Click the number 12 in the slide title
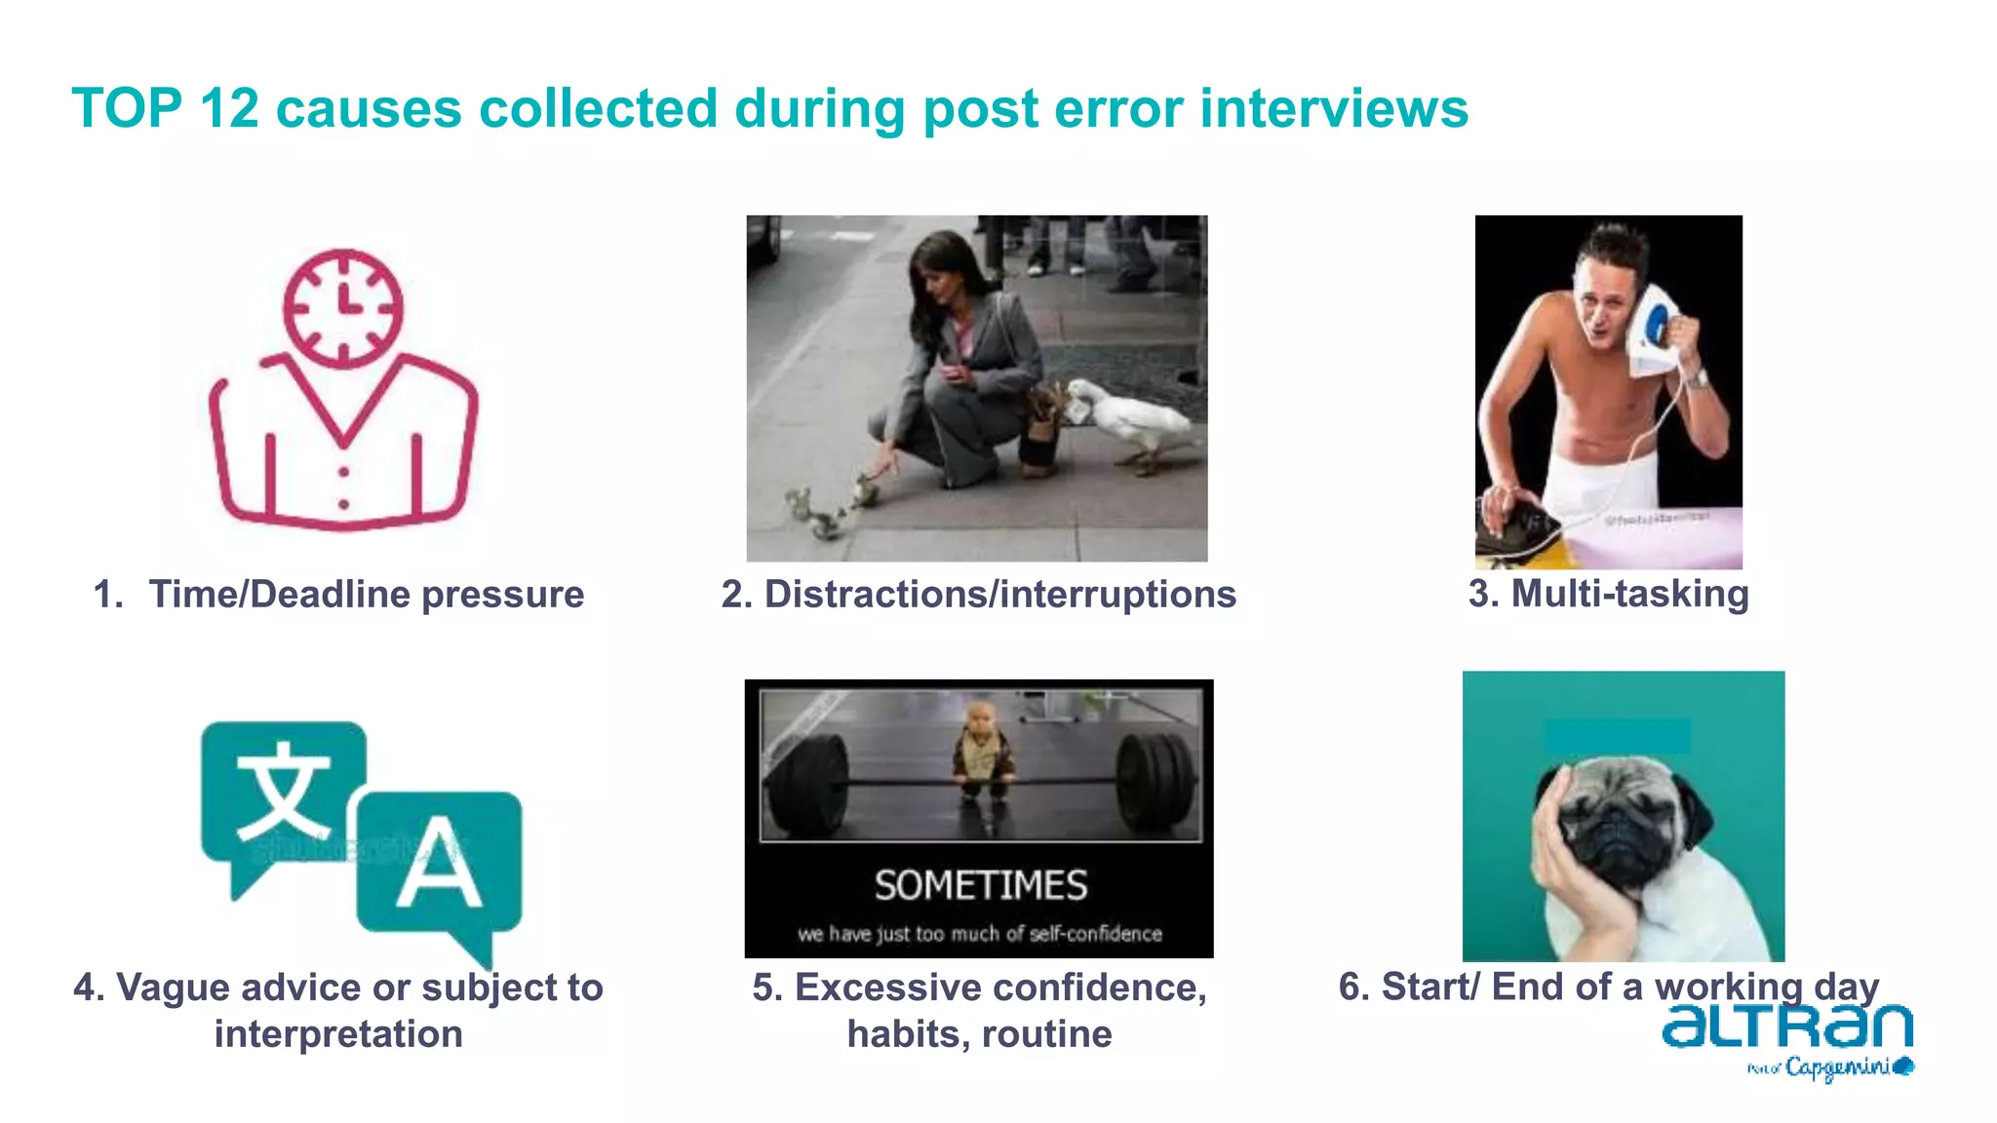(x=229, y=108)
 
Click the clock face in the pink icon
(x=343, y=308)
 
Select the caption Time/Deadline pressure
(x=366, y=594)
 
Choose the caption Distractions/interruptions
(x=978, y=594)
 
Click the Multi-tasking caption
(x=1609, y=594)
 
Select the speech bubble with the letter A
(x=439, y=863)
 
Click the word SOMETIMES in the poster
(x=980, y=885)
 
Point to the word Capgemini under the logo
(x=1838, y=1067)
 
